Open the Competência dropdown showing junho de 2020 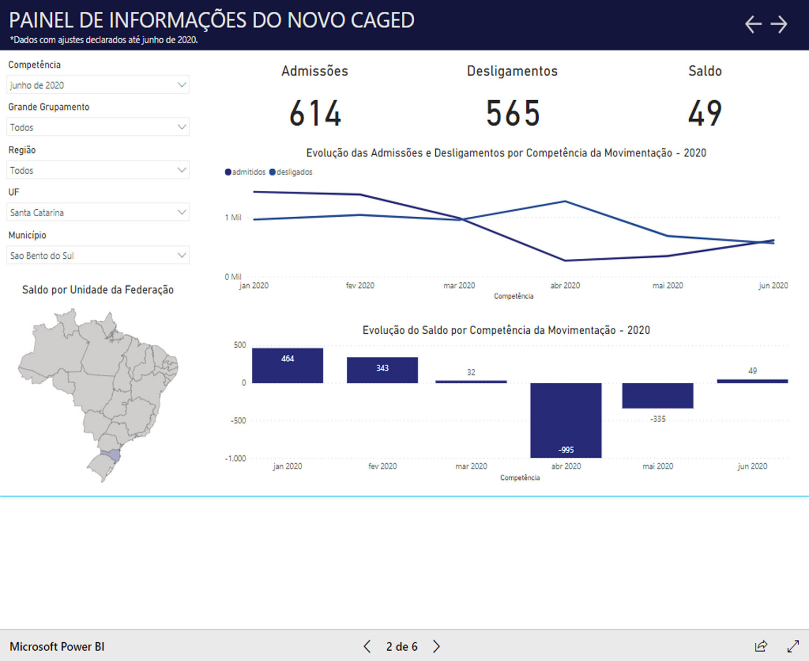tap(98, 85)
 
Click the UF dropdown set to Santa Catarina tap(98, 212)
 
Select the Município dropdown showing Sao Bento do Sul tap(98, 256)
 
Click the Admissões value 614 tap(316, 114)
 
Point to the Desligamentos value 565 tap(512, 114)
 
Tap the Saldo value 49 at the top tap(704, 114)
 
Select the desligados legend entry tap(292, 172)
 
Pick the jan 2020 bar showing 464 tap(287, 366)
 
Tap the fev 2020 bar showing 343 tap(382, 370)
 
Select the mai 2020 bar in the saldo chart tap(657, 395)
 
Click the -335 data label tap(657, 419)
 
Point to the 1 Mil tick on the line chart tap(233, 217)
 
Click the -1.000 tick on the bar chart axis tap(235, 458)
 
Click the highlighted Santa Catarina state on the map tap(111, 455)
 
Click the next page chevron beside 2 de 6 tap(436, 646)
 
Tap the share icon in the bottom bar tap(761, 646)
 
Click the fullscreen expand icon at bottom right tap(793, 646)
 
